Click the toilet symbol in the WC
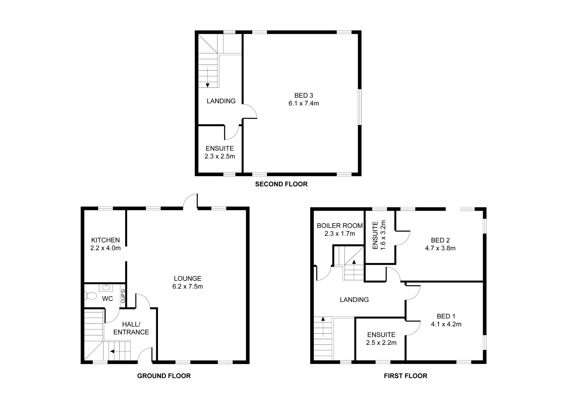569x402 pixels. tap(91, 296)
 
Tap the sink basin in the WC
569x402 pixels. tap(106, 287)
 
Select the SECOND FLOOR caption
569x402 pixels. tap(281, 184)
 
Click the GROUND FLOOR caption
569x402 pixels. tap(164, 376)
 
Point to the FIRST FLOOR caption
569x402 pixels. tap(406, 376)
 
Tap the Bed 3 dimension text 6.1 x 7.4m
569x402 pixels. tap(304, 103)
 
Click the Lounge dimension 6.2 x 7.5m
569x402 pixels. tap(188, 286)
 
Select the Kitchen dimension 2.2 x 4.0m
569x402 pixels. tap(106, 248)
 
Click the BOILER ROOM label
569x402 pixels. tap(340, 226)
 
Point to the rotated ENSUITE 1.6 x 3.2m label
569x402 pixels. tap(379, 235)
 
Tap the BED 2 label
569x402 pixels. tap(440, 240)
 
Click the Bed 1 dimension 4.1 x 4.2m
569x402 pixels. tap(446, 324)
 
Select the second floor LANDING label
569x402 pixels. tap(221, 101)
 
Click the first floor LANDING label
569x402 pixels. tap(354, 300)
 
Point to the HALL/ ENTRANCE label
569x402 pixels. tap(131, 328)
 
